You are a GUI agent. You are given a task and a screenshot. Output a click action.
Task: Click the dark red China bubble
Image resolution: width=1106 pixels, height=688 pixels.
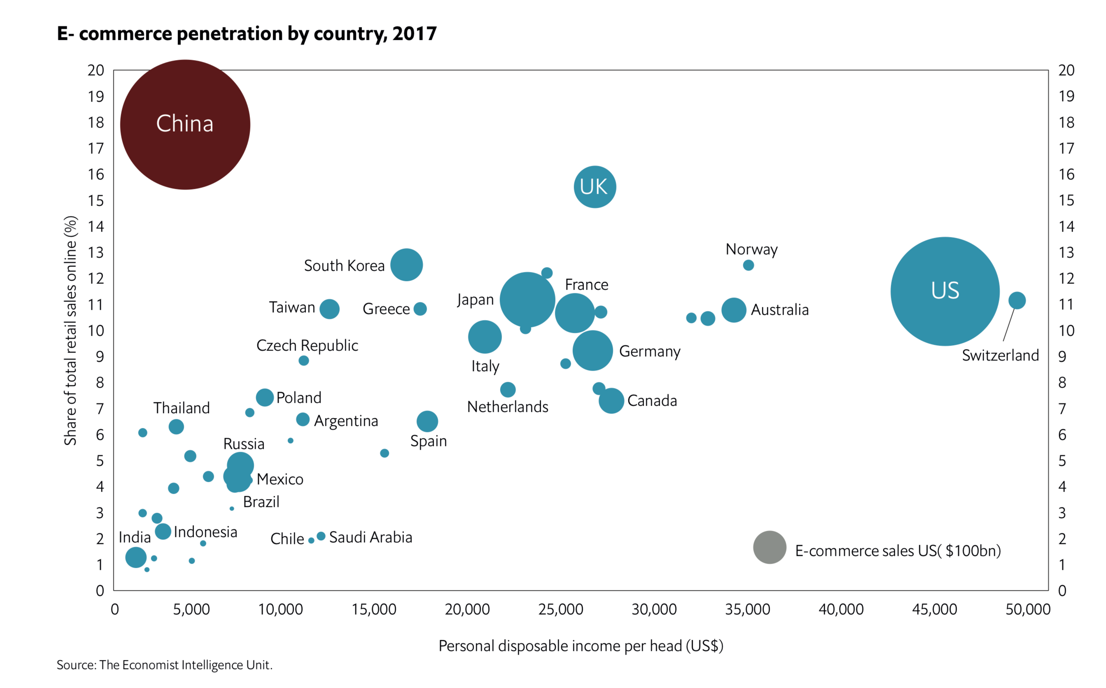click(185, 124)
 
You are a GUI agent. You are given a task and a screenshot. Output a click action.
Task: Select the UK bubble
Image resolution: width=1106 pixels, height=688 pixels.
click(595, 186)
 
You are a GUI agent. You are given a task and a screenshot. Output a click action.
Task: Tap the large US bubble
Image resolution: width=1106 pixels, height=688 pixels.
click(945, 291)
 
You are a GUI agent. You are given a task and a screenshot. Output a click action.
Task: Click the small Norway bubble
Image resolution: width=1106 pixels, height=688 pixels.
click(748, 265)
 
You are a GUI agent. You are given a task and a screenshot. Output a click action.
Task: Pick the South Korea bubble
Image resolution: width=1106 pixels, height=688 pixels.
click(406, 265)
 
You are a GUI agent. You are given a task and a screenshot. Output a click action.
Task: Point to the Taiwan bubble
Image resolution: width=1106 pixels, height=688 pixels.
click(329, 309)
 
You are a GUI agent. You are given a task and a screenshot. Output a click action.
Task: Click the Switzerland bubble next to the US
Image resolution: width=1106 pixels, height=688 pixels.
click(1017, 300)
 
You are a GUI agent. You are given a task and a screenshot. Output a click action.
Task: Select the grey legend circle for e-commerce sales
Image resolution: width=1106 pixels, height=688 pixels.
click(770, 547)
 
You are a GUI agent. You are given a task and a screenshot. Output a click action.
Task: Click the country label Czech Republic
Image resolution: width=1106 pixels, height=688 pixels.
click(307, 345)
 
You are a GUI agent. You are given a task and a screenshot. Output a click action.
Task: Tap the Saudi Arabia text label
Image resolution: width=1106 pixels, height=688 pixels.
click(371, 537)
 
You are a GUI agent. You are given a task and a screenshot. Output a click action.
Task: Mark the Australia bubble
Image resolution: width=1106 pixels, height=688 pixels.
click(733, 310)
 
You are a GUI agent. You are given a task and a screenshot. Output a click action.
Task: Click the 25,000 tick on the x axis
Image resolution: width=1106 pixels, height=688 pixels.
click(560, 609)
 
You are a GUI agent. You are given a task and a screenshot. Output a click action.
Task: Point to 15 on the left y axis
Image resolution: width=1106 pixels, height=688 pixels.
click(96, 200)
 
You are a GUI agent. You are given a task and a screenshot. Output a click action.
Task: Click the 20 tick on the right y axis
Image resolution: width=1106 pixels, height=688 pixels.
click(1066, 70)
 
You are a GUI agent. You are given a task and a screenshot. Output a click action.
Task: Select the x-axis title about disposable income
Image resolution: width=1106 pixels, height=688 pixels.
click(581, 646)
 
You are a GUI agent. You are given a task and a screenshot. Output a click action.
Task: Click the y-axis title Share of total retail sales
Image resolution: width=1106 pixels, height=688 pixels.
click(70, 330)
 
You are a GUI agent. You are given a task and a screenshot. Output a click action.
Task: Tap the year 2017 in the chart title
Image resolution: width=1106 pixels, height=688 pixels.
click(414, 34)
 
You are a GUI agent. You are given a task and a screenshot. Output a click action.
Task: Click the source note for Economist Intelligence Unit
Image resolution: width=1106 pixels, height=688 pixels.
click(164, 665)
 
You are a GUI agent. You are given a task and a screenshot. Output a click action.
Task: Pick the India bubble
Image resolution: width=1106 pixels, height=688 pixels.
click(136, 557)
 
